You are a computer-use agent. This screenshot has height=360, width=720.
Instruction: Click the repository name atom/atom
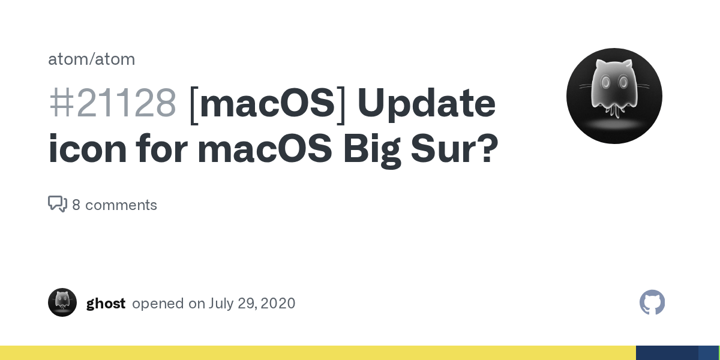pyautogui.click(x=92, y=59)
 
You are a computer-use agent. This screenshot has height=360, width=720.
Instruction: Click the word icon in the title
pyautogui.click(x=88, y=149)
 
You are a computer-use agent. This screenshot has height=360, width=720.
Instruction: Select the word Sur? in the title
pyautogui.click(x=455, y=149)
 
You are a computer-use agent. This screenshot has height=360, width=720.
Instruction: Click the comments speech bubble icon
pyautogui.click(x=58, y=204)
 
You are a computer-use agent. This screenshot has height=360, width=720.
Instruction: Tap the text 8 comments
pyautogui.click(x=115, y=205)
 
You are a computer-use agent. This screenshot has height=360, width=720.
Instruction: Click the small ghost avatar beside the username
pyautogui.click(x=62, y=302)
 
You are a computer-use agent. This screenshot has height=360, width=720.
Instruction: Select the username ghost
pyautogui.click(x=106, y=304)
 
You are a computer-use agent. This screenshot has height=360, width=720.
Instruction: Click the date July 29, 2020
pyautogui.click(x=251, y=304)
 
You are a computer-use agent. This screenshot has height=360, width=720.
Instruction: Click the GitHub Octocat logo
pyautogui.click(x=652, y=302)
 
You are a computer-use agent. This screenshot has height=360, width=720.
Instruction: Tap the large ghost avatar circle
pyautogui.click(x=614, y=96)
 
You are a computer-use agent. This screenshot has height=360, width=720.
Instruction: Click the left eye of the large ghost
pyautogui.click(x=605, y=82)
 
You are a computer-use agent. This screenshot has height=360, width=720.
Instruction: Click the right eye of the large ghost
pyautogui.click(x=623, y=82)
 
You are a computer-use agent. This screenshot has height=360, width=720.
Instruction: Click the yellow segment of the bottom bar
pyautogui.click(x=318, y=353)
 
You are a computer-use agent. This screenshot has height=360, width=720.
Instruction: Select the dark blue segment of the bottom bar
pyautogui.click(x=667, y=353)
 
